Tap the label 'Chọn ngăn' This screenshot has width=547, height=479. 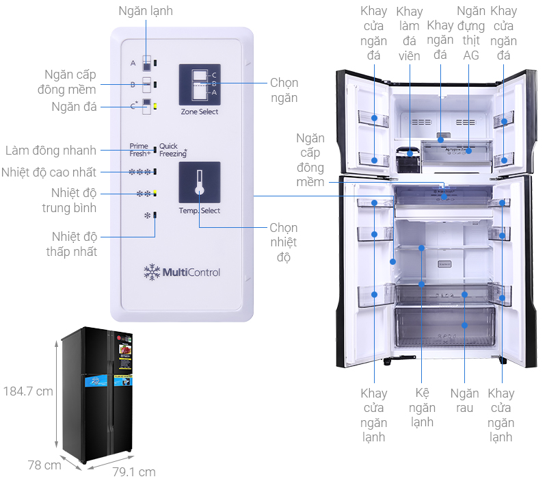(x=284, y=90)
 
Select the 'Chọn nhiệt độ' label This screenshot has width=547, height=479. (x=283, y=242)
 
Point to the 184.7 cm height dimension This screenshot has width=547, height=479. (x=28, y=391)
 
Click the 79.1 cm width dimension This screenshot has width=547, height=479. (x=133, y=471)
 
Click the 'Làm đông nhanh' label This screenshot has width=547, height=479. (x=51, y=150)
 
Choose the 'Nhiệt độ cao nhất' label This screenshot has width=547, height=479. (x=49, y=172)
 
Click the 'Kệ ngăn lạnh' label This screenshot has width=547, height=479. (x=423, y=408)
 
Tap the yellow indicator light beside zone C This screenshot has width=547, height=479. (x=156, y=106)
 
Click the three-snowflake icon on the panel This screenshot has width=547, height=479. (x=141, y=172)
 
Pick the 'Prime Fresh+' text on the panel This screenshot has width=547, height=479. (x=139, y=150)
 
